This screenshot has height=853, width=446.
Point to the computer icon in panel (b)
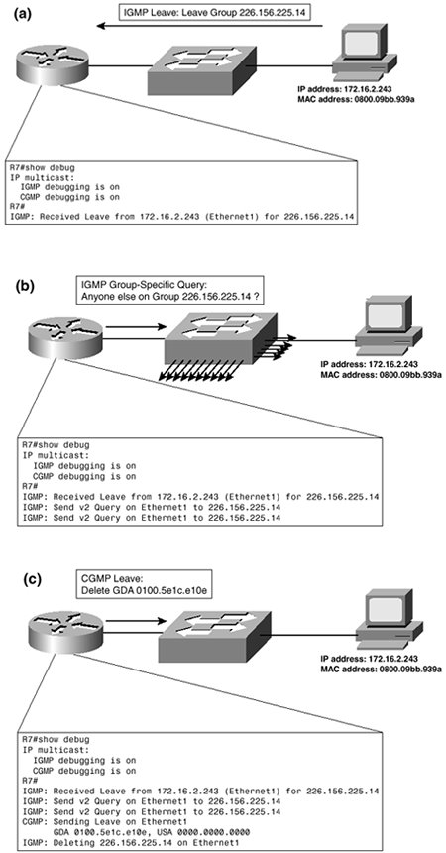pyautogui.click(x=389, y=324)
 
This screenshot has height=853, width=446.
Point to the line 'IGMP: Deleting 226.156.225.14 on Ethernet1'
pyautogui.click(x=125, y=838)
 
